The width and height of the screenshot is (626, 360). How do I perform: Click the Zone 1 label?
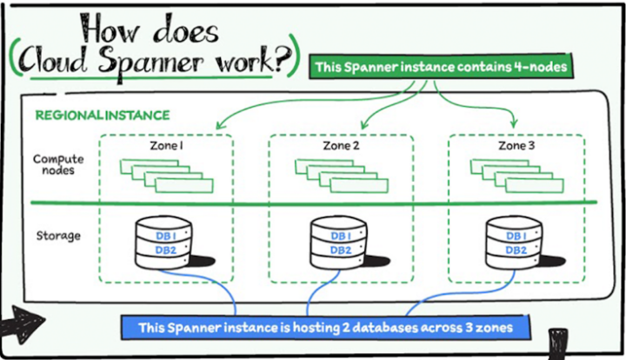pyautogui.click(x=166, y=145)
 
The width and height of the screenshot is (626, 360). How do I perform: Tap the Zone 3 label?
pyautogui.click(x=516, y=145)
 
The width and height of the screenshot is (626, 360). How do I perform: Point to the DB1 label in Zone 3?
pyautogui.click(x=516, y=236)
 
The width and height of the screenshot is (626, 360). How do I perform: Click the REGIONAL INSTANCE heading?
pyautogui.click(x=102, y=115)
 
